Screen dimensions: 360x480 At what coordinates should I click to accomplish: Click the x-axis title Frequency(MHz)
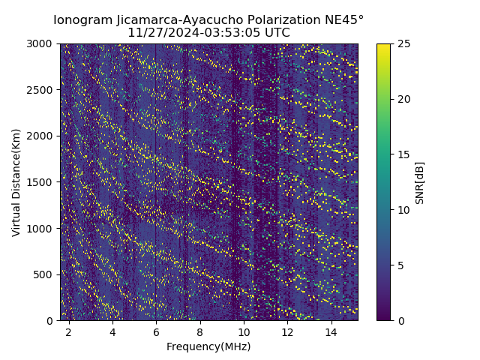click(208, 346)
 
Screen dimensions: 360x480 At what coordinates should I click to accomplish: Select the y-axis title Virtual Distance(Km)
click(16, 182)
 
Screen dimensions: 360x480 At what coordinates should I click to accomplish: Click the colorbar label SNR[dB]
click(419, 182)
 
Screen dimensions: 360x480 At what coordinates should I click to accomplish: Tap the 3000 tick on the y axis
click(42, 43)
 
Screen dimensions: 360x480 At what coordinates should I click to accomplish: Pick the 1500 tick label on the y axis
click(42, 182)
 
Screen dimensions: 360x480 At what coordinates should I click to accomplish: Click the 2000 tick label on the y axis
click(42, 136)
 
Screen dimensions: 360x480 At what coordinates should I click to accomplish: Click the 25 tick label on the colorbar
click(403, 43)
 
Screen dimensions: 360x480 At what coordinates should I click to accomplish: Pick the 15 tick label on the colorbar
click(403, 154)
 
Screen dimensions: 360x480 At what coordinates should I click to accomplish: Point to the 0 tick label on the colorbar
click(400, 320)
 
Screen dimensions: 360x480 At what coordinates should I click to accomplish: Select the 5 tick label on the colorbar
click(400, 265)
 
